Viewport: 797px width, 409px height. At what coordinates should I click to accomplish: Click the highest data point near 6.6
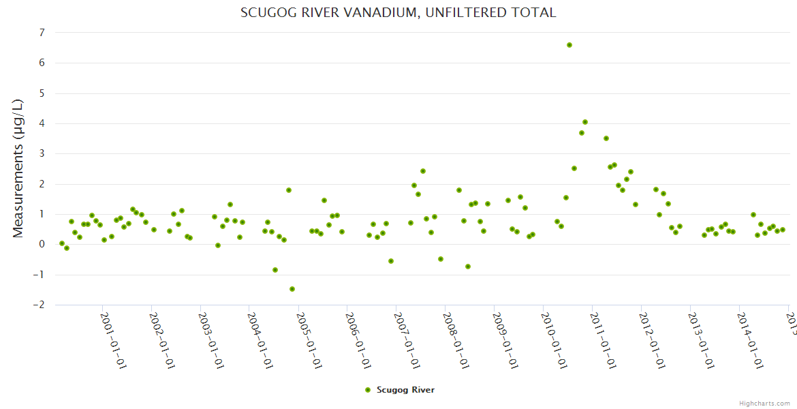click(569, 45)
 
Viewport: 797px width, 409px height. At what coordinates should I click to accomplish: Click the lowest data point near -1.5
click(292, 289)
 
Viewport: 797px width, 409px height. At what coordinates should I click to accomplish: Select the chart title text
click(398, 12)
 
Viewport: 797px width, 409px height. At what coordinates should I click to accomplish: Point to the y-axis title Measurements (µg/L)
click(18, 168)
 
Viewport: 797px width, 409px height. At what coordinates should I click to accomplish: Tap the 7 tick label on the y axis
click(42, 33)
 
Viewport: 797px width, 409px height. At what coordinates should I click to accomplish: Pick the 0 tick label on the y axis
click(42, 244)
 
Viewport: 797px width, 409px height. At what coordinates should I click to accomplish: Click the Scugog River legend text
click(405, 390)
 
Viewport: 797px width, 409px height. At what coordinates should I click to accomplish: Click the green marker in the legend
click(368, 390)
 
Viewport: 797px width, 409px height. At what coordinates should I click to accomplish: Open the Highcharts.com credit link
click(764, 403)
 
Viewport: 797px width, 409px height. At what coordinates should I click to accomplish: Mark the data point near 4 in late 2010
click(585, 122)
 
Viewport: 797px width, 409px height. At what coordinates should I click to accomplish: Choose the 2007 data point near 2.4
click(423, 171)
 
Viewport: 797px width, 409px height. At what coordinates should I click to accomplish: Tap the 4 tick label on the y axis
click(42, 123)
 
